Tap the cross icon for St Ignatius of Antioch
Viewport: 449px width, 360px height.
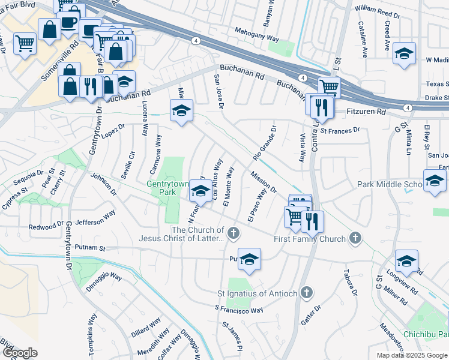click(x=306, y=293)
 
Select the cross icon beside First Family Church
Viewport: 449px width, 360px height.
click(x=355, y=239)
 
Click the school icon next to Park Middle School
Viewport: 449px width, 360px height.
click(x=435, y=181)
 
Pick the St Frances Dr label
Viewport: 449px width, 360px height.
click(x=339, y=130)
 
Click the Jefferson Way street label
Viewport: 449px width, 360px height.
click(x=95, y=216)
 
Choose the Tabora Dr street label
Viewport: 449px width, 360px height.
click(x=351, y=284)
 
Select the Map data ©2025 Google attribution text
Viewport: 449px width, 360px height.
click(x=412, y=355)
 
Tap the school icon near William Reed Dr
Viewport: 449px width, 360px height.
click(x=405, y=54)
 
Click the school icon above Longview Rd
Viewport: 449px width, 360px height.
click(x=406, y=261)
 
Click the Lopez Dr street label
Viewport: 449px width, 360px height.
click(x=113, y=130)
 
